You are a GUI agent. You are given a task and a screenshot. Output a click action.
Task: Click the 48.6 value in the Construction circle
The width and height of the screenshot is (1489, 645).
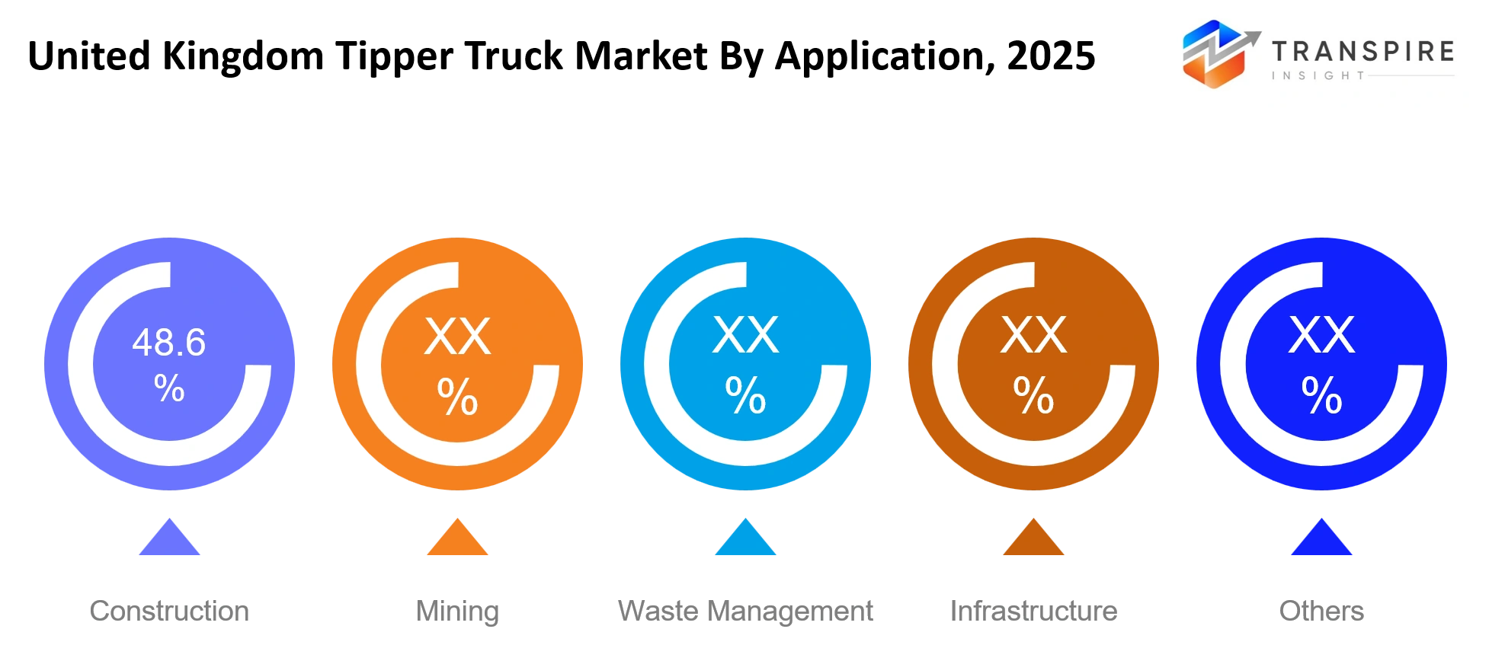click(x=169, y=343)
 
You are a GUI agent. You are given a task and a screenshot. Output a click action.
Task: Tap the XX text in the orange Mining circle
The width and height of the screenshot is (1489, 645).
click(x=458, y=336)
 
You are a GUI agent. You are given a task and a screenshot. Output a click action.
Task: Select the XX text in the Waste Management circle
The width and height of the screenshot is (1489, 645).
click(x=746, y=335)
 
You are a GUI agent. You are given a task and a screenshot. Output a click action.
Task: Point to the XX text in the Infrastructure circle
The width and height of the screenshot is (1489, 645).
click(x=1034, y=335)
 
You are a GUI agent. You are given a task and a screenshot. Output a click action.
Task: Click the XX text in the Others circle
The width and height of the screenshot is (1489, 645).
click(x=1322, y=335)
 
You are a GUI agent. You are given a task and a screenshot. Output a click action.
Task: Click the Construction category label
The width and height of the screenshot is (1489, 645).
click(x=169, y=611)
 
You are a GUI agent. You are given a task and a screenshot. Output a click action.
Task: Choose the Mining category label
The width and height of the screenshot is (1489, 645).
click(x=457, y=611)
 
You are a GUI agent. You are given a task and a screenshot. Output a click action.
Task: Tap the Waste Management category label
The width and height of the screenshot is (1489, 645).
click(x=745, y=611)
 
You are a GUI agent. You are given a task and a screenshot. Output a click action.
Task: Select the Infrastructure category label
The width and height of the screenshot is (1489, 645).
click(x=1033, y=611)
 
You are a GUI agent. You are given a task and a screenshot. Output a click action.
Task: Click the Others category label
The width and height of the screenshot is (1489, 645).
click(x=1321, y=611)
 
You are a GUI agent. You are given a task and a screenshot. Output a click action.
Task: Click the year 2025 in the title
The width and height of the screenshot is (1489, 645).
click(x=1051, y=56)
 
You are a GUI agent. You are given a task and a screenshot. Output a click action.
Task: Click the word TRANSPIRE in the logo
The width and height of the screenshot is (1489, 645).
click(x=1363, y=51)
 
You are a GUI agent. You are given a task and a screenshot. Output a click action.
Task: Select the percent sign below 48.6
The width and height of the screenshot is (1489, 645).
click(x=169, y=388)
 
